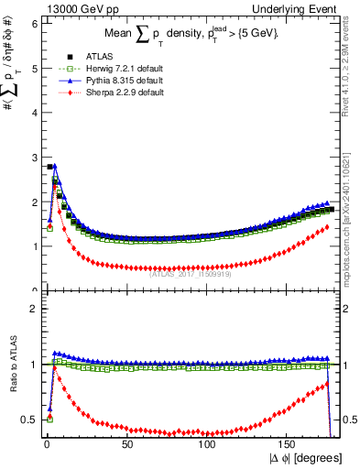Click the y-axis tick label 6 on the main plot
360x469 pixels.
34,24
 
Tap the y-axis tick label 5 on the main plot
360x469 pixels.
34,69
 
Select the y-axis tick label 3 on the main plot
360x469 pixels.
34,158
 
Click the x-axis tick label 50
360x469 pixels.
127,444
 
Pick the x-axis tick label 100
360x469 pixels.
208,444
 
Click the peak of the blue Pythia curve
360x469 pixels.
55,167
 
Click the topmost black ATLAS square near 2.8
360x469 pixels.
49,167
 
